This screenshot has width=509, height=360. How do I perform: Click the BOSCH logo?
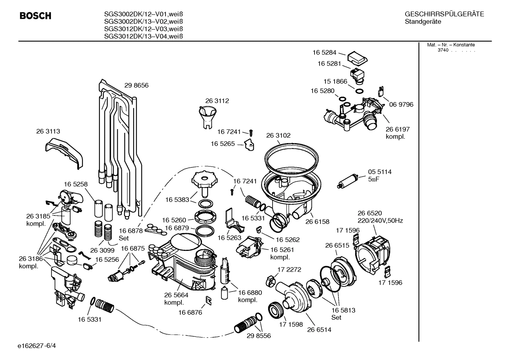tap(35, 16)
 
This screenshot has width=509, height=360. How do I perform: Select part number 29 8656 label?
tap(136, 85)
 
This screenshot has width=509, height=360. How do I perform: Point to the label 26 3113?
tap(48, 131)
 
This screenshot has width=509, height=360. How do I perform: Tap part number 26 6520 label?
tap(370, 213)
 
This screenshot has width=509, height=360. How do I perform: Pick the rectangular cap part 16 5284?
tap(357, 59)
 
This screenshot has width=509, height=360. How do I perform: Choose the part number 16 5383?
tap(177, 200)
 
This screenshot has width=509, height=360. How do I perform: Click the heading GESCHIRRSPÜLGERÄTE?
tap(444, 14)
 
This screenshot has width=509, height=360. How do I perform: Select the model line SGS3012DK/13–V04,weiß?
tap(143, 36)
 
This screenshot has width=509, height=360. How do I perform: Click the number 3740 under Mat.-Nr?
tap(443, 50)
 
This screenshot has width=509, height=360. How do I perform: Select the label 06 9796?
tap(401, 105)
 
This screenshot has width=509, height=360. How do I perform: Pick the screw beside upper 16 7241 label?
tap(251, 132)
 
